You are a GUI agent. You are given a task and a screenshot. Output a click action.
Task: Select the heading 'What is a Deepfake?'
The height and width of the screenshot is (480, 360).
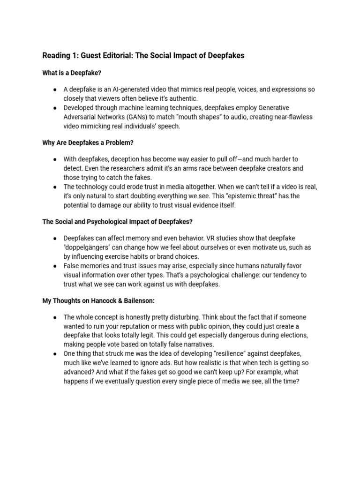[x=72, y=74]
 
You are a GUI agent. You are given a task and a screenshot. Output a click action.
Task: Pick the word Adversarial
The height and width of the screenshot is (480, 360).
[x=81, y=117]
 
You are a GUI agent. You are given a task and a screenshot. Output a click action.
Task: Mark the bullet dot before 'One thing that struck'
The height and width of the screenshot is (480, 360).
[x=55, y=353]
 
